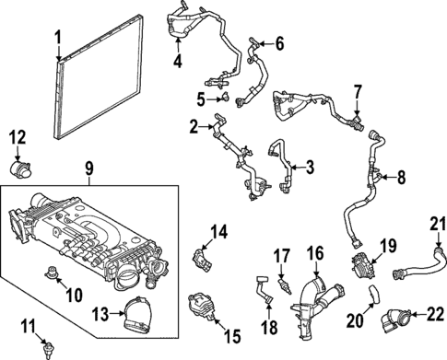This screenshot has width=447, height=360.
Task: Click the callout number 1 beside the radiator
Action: point(58,41)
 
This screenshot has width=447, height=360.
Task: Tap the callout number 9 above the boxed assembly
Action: point(89,169)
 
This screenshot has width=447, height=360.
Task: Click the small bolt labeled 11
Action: point(47,348)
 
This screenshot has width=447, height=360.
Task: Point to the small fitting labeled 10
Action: point(51,272)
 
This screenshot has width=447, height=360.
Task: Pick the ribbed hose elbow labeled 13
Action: point(138,315)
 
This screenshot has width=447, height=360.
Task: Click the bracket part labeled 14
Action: point(202,258)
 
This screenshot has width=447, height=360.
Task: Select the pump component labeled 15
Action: point(202,306)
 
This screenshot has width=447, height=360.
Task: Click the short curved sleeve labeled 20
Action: point(374,295)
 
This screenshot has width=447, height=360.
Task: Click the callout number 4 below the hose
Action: point(178,63)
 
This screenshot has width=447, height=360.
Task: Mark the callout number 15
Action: point(232,337)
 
